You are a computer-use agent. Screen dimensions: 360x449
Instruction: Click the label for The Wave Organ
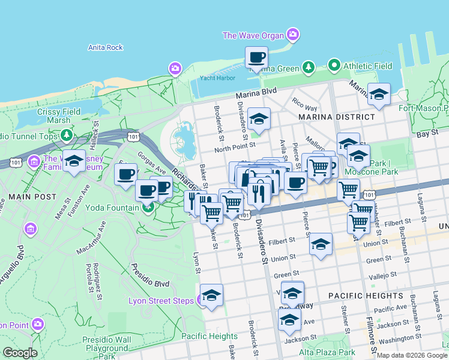pos(253,35)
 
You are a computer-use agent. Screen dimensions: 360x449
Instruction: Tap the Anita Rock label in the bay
pos(105,47)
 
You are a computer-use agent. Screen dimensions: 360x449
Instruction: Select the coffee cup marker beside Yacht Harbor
pos(256,58)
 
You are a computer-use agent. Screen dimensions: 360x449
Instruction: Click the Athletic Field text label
pos(368,66)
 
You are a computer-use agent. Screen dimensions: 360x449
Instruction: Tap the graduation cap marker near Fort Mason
pos(379,94)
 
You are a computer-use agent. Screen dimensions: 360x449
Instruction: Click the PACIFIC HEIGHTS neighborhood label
pos(366,296)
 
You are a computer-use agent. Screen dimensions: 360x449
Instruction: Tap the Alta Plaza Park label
pos(328,353)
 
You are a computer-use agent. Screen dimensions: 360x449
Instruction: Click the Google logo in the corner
pos(20,352)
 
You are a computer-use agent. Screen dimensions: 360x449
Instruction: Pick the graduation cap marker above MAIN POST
pos(74,161)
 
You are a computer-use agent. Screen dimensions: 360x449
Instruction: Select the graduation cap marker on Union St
pos(321,244)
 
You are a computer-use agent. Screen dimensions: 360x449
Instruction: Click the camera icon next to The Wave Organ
pos(293,34)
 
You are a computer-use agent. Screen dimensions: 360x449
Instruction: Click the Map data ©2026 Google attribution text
pos(412,355)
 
